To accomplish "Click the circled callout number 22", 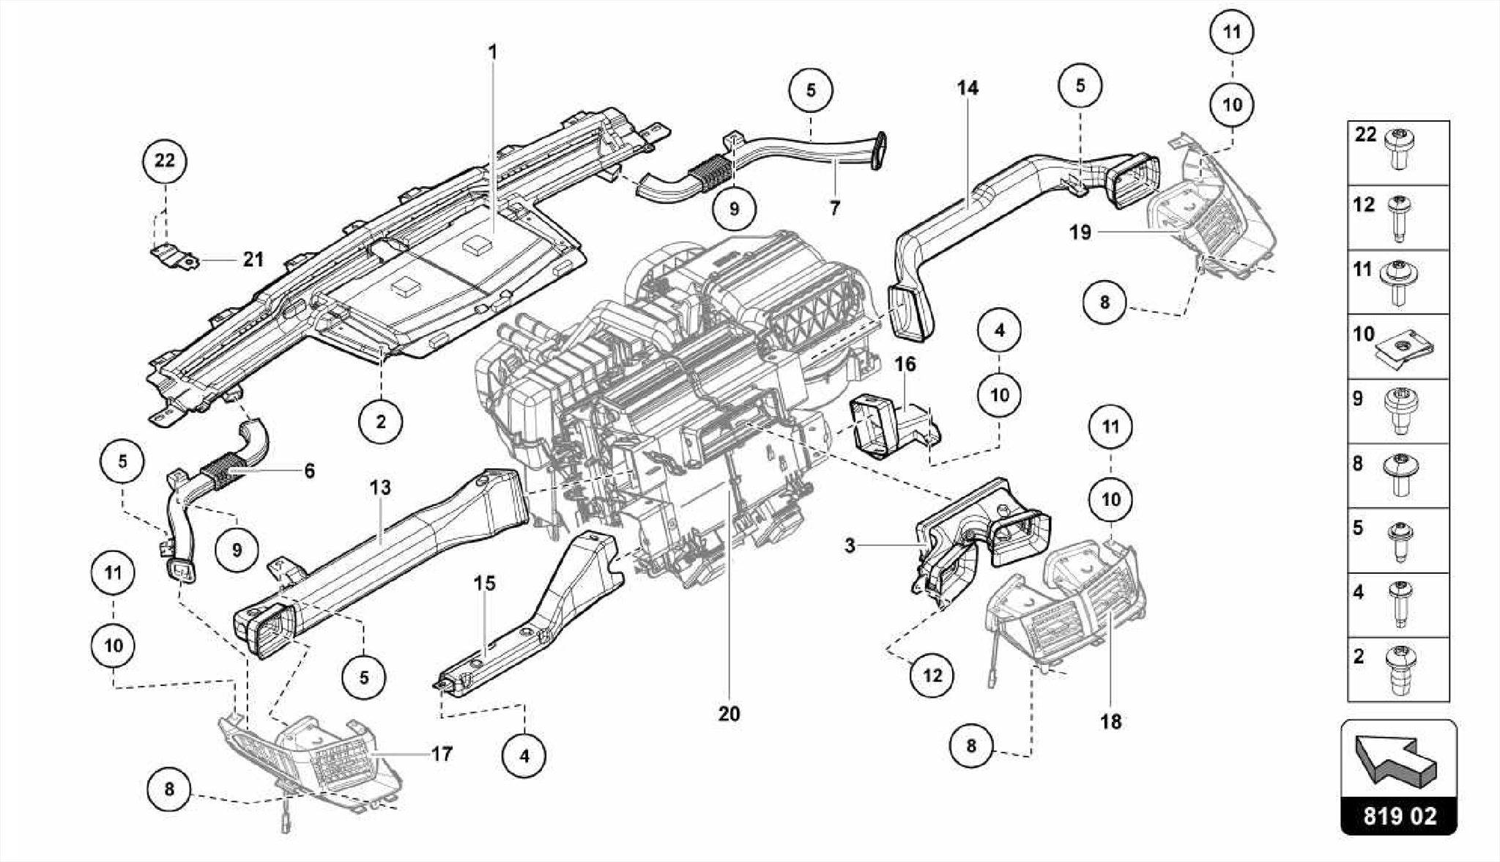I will tap(165, 160).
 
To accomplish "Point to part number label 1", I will tap(493, 52).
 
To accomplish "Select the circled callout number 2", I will tap(381, 421).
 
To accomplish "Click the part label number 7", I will tap(835, 208).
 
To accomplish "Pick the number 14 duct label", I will tap(968, 88).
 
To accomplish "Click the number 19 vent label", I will tap(1080, 232).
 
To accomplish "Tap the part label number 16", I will tap(905, 364).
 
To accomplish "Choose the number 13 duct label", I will tap(380, 487).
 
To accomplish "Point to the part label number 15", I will tap(484, 583).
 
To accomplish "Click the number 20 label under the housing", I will tap(729, 713).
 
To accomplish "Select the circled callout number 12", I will tap(932, 675).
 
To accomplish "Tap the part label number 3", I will tap(850, 545).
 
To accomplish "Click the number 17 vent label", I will tap(442, 754).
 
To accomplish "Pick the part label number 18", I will tap(1110, 721).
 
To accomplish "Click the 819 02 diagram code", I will tap(1399, 816).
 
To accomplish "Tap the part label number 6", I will tap(309, 471).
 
